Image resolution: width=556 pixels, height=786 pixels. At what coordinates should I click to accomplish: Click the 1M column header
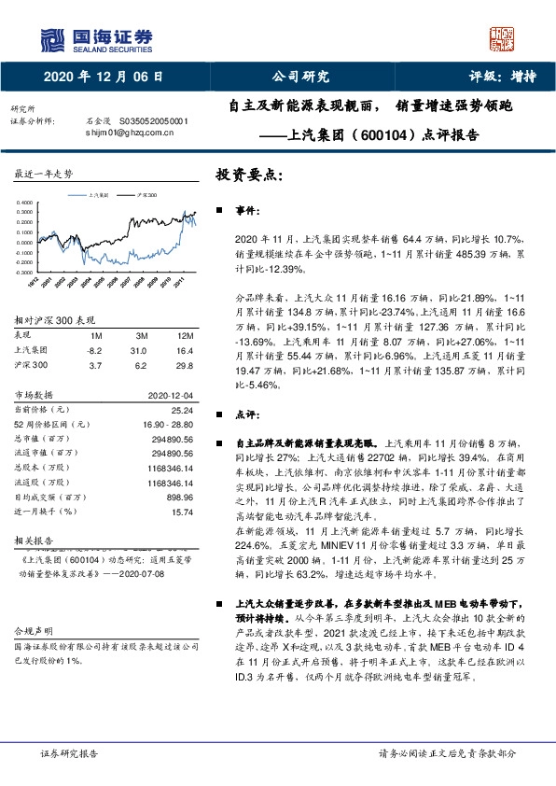pyautogui.click(x=95, y=333)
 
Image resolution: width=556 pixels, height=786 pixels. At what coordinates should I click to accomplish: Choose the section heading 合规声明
pyautogui.click(x=35, y=656)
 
